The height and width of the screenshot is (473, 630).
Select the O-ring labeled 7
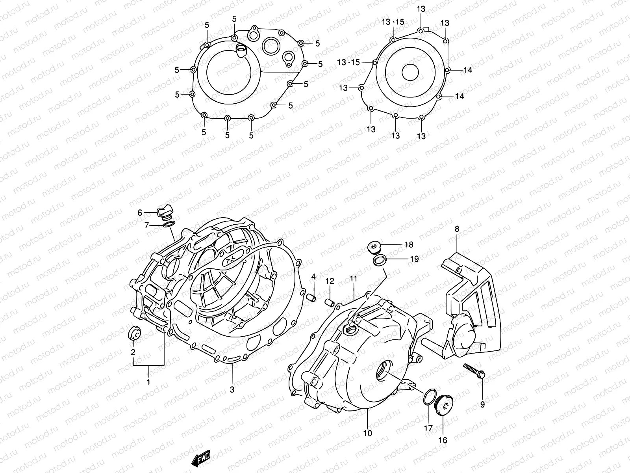tap(169, 225)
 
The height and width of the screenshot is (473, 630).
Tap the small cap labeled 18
tap(372, 247)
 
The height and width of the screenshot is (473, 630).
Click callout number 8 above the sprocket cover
tap(457, 229)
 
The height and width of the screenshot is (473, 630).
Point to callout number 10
tap(367, 433)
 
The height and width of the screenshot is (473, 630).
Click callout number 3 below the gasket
tap(232, 389)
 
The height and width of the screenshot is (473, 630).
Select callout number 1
tap(148, 382)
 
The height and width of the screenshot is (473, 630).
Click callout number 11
tap(353, 279)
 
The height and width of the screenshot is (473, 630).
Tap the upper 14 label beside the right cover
tap(467, 70)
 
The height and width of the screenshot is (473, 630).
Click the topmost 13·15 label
tap(393, 22)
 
